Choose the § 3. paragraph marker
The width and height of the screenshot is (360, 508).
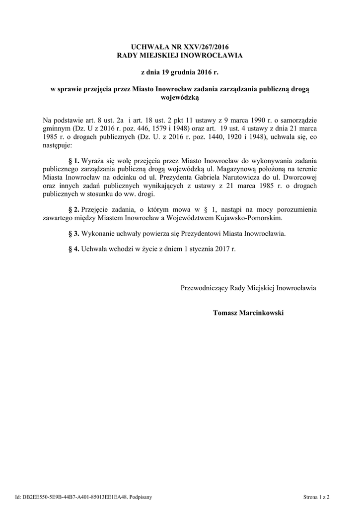point(73,233)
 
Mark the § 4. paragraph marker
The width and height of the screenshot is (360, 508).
point(73,249)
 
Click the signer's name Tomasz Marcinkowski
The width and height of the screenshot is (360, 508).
point(248,313)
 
